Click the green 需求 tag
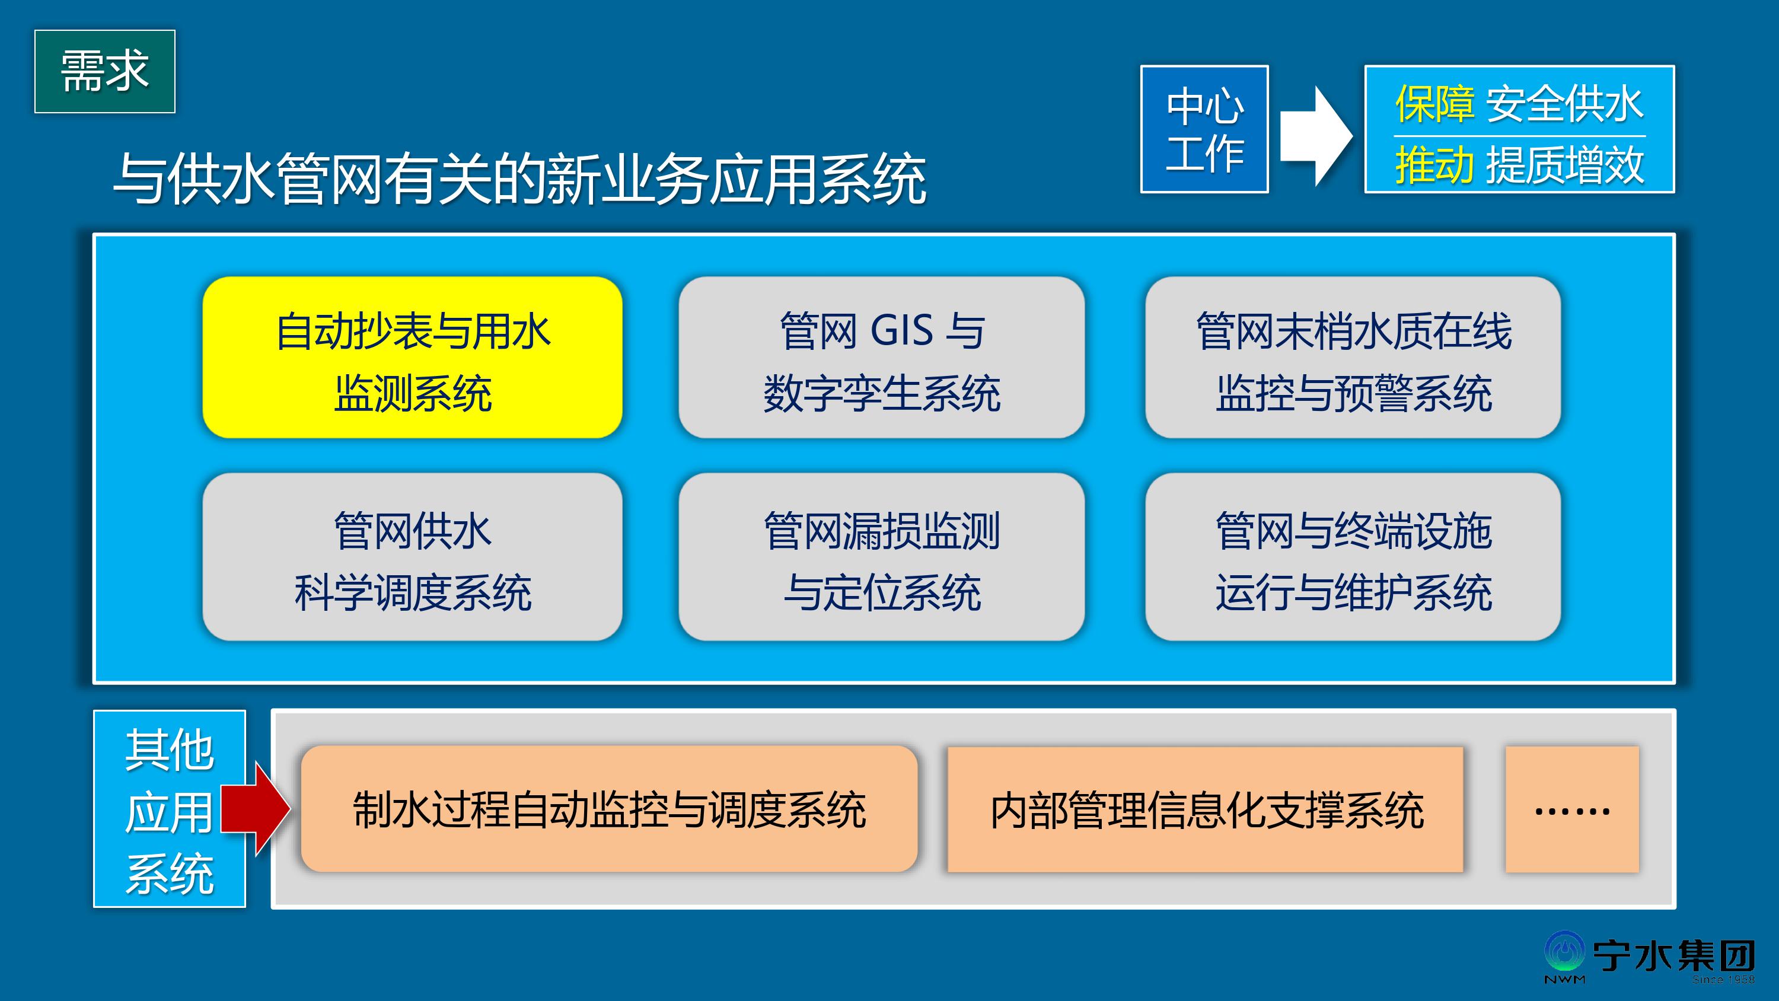click(x=105, y=71)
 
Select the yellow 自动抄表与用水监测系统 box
click(x=412, y=357)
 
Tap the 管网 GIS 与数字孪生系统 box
click(x=881, y=357)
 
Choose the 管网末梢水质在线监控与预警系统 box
click(x=1353, y=357)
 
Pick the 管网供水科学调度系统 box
click(x=412, y=557)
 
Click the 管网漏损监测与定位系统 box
click(x=881, y=557)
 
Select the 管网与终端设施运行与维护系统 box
click(x=1353, y=557)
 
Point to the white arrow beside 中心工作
click(x=1316, y=136)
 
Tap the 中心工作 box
click(x=1204, y=129)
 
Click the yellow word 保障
click(x=1434, y=104)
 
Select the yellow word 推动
click(x=1434, y=166)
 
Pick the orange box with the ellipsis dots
click(x=1572, y=809)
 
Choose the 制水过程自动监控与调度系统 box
click(x=609, y=809)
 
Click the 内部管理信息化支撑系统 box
click(x=1205, y=809)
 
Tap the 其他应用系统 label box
click(x=169, y=808)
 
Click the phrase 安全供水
click(x=1564, y=104)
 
